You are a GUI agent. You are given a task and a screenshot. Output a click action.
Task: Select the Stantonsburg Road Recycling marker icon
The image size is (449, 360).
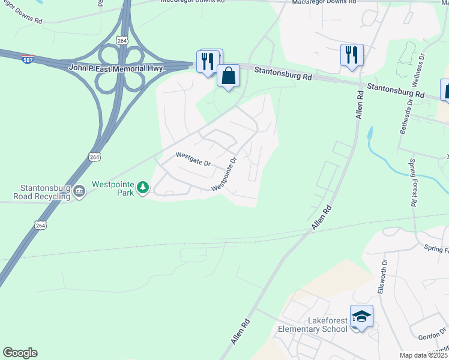tap(79, 192)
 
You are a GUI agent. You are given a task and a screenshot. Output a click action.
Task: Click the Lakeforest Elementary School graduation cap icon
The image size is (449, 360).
tap(361, 316)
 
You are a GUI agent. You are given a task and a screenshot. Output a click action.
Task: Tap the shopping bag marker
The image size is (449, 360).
tap(228, 76)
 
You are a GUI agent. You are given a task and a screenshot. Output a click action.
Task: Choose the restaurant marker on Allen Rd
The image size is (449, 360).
tap(352, 55)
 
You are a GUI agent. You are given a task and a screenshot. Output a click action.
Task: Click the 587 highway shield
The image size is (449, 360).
tap(28, 59)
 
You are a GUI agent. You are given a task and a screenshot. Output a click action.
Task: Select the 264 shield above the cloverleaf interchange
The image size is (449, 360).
tap(122, 40)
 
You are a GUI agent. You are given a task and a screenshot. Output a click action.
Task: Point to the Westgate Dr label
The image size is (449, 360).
tap(193, 158)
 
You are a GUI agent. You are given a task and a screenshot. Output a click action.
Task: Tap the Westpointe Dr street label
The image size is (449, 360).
tap(225, 174)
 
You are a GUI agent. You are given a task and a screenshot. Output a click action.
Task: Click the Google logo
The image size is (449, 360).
tap(20, 353)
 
